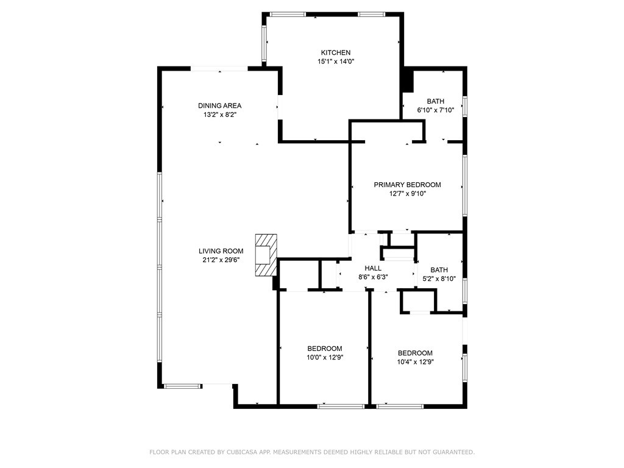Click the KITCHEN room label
[x=336, y=52]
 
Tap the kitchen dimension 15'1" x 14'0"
[x=336, y=62]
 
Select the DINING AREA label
[x=219, y=105]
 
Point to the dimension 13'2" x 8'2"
[x=219, y=115]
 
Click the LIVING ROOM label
[x=221, y=251]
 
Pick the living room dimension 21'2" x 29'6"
[x=221, y=260]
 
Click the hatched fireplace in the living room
[x=266, y=255]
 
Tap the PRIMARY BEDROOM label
[x=407, y=185]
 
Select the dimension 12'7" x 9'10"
[x=407, y=194]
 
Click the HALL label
[x=373, y=268]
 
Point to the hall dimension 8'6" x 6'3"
[x=373, y=277]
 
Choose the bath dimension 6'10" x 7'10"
[x=435, y=110]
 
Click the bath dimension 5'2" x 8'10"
[x=439, y=279]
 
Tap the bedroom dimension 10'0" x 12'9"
[x=325, y=357]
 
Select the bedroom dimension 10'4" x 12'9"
[x=415, y=362]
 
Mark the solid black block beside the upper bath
[x=408, y=81]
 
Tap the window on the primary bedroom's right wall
[x=464, y=186]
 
